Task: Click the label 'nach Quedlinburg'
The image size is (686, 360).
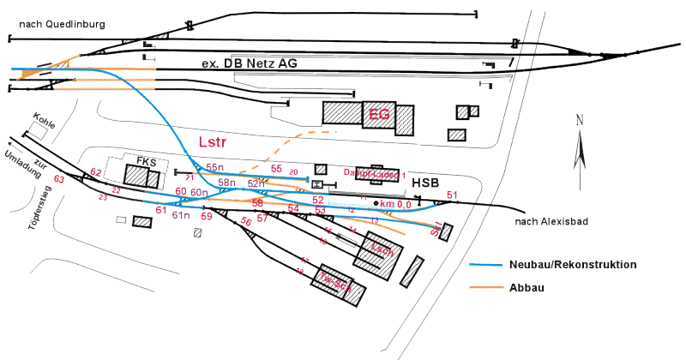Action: click(55, 24)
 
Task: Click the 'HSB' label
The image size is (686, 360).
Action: click(426, 183)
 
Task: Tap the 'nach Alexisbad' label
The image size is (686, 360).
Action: click(551, 221)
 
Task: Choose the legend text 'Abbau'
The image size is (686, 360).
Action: click(527, 288)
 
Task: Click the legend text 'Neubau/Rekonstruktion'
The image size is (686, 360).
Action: click(573, 265)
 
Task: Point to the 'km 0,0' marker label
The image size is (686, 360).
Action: click(395, 203)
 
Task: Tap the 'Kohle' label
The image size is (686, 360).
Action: click(44, 121)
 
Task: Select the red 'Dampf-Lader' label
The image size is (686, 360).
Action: click(375, 173)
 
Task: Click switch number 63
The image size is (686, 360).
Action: click(59, 179)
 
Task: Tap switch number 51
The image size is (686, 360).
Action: click(452, 195)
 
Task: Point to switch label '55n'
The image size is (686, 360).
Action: click(214, 168)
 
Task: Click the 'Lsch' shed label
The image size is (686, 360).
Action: click(381, 251)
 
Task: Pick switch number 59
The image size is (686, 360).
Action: click(206, 217)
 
